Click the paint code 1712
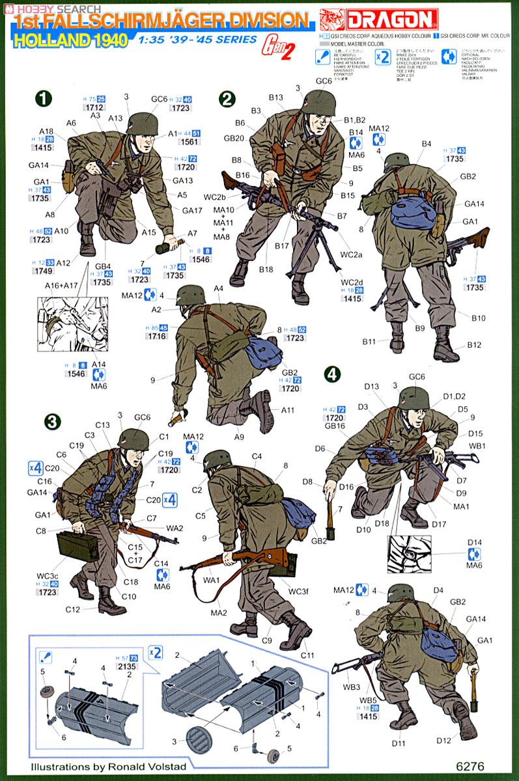coord(94,107)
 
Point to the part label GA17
coord(193,210)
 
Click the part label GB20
coord(234,138)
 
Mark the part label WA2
coord(175,528)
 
